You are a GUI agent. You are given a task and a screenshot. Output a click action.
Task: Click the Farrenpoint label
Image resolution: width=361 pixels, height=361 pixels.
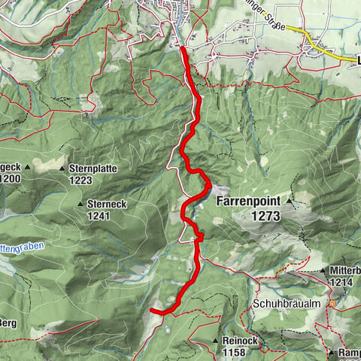[247, 202]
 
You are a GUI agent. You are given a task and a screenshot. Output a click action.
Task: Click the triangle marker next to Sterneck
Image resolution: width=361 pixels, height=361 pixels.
[80, 204]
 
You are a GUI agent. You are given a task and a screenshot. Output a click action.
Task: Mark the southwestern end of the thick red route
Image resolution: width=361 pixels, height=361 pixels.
[152, 309]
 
